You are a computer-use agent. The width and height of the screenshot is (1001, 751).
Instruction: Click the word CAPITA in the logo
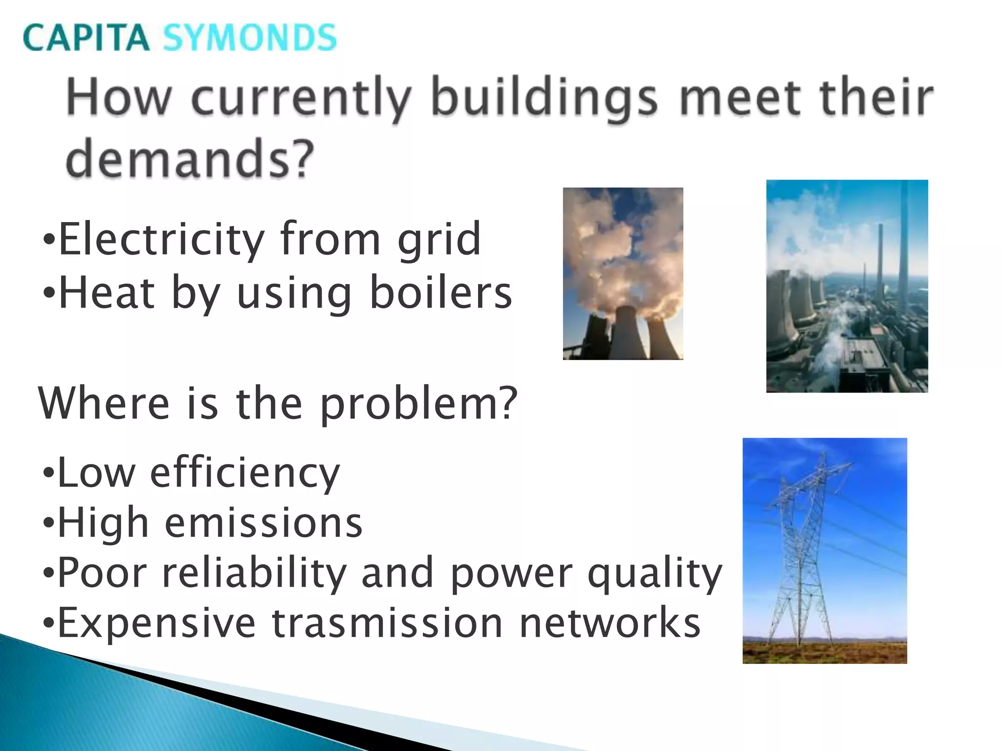[x=86, y=38]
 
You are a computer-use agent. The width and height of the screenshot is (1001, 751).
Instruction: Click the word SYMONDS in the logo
[x=249, y=38]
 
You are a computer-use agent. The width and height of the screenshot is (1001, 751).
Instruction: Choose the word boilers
[x=441, y=293]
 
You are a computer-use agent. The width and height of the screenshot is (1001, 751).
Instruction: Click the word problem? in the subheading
[x=418, y=404]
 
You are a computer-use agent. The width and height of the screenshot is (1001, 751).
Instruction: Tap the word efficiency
[x=244, y=473]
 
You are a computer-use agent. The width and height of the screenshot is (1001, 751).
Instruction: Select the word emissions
[x=264, y=523]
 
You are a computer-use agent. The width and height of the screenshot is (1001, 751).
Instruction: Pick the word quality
[x=654, y=574]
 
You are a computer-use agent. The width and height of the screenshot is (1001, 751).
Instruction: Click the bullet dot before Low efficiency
[x=48, y=473]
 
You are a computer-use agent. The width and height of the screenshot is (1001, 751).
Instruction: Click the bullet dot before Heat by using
[x=48, y=293]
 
